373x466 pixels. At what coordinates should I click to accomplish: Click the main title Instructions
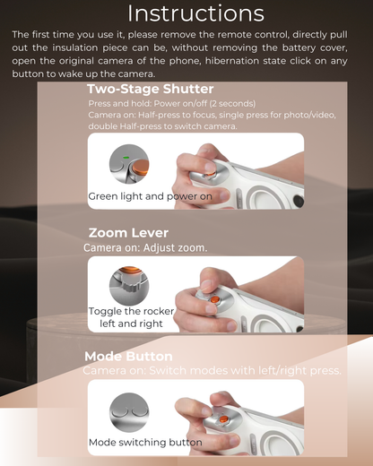(x=195, y=13)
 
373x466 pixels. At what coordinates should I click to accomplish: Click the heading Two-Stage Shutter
(x=150, y=89)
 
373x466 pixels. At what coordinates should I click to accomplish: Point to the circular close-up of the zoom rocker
(x=128, y=285)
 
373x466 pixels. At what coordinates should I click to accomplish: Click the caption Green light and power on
(x=150, y=196)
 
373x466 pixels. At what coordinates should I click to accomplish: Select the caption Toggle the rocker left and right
(x=131, y=317)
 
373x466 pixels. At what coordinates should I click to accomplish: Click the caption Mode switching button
(x=144, y=442)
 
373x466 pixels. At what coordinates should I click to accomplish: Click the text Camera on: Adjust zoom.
(x=145, y=247)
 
